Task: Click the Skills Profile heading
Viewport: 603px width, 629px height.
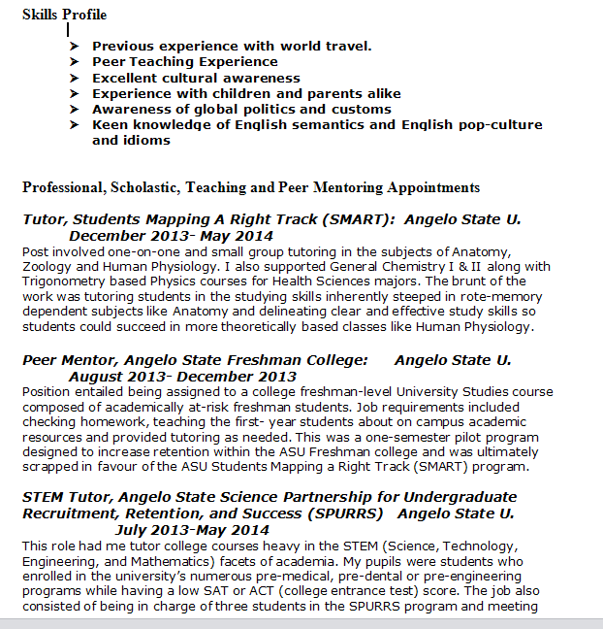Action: pyautogui.click(x=64, y=15)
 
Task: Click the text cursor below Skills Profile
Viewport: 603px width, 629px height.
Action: pyautogui.click(x=67, y=30)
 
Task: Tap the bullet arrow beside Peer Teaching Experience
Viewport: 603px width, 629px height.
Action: pyautogui.click(x=75, y=62)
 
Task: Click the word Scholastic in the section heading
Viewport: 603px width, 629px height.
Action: pyautogui.click(x=145, y=187)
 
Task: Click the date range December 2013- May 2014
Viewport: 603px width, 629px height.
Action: pyautogui.click(x=171, y=236)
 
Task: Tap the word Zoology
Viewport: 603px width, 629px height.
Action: pyautogui.click(x=48, y=266)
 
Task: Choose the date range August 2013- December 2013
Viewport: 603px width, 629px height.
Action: pyautogui.click(x=182, y=377)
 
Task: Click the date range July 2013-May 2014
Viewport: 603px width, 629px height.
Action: pyautogui.click(x=191, y=530)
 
